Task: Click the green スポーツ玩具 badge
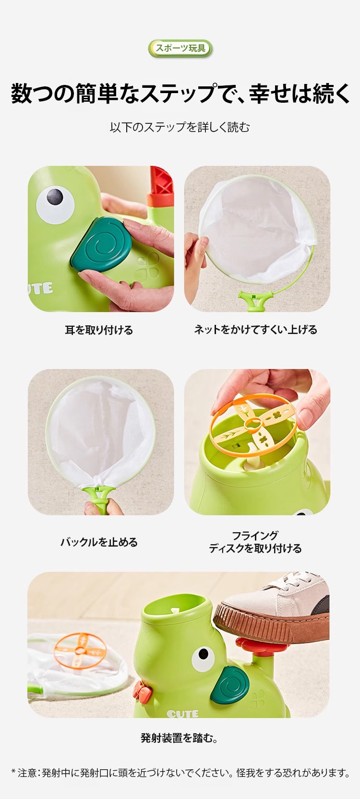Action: tap(180, 48)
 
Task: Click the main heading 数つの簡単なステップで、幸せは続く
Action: tap(180, 93)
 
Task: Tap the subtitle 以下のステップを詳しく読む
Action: tap(180, 127)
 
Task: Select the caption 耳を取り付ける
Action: tap(99, 330)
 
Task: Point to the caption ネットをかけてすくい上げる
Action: tap(255, 330)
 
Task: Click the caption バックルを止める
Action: tap(99, 542)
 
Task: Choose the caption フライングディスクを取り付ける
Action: tap(255, 542)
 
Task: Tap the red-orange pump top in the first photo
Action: tap(161, 187)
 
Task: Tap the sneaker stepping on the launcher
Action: tap(278, 607)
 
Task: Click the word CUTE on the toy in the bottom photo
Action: tap(182, 714)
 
